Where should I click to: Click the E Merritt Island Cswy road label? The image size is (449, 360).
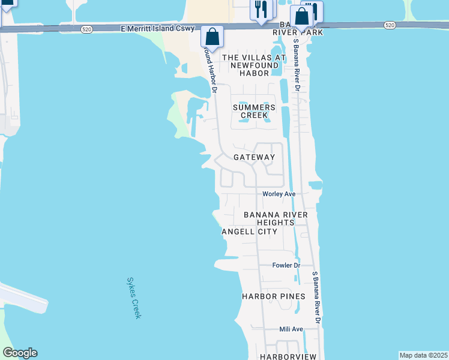158,28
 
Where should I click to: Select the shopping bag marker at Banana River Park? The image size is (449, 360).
302,16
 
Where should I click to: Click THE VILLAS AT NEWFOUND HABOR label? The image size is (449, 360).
255,65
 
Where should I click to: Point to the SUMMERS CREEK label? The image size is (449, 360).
254,111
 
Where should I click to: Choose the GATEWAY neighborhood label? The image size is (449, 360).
254,157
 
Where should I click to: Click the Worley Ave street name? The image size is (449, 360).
279,194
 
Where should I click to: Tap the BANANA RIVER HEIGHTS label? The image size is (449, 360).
276,218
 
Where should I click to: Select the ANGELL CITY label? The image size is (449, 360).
249,232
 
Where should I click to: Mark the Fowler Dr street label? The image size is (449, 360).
286,265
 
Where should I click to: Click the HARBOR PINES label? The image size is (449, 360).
273,296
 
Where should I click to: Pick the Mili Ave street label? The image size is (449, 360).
291,329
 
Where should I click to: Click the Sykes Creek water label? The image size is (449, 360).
133,298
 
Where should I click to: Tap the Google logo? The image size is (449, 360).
20,353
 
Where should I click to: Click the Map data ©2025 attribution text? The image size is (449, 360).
423,355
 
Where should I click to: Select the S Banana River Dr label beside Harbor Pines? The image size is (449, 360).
317,298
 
